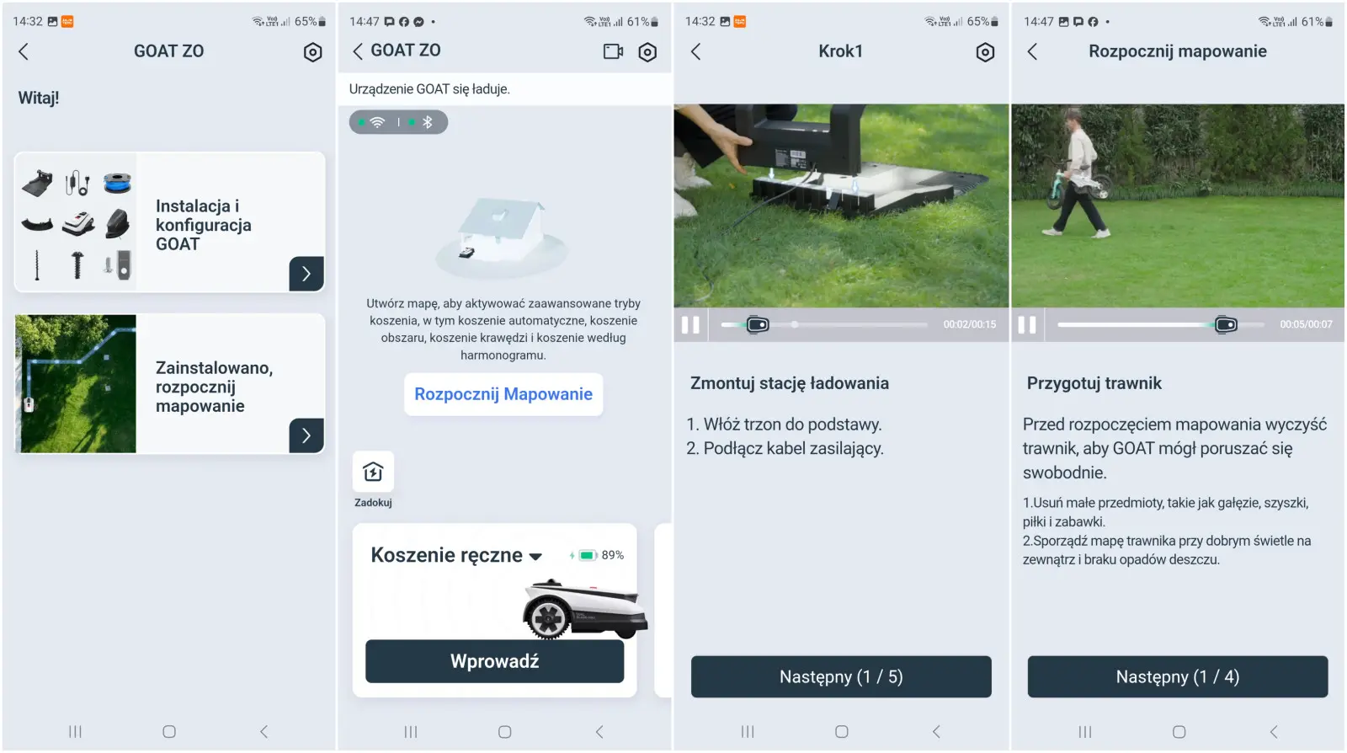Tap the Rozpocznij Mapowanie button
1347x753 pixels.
(503, 394)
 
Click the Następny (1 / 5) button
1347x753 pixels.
(841, 676)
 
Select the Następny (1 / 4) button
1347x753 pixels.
(1178, 676)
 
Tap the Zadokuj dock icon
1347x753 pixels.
(373, 472)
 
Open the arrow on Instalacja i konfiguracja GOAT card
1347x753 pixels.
(306, 274)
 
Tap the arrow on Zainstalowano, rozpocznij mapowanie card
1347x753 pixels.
(306, 435)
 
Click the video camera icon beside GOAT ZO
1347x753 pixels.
(613, 51)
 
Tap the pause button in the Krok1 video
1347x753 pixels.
(690, 325)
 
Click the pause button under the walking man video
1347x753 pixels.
(1027, 325)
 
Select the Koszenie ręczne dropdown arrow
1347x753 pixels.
(535, 557)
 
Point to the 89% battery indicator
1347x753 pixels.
(596, 555)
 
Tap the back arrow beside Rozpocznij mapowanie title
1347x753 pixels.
(1032, 51)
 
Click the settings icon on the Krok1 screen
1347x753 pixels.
(984, 52)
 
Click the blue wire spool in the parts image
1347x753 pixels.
(117, 182)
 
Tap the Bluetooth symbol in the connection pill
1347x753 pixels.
(428, 122)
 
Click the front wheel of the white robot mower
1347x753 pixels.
(547, 617)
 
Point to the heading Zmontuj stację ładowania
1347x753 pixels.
(789, 383)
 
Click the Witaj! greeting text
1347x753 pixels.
(39, 98)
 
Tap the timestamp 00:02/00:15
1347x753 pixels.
(969, 324)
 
